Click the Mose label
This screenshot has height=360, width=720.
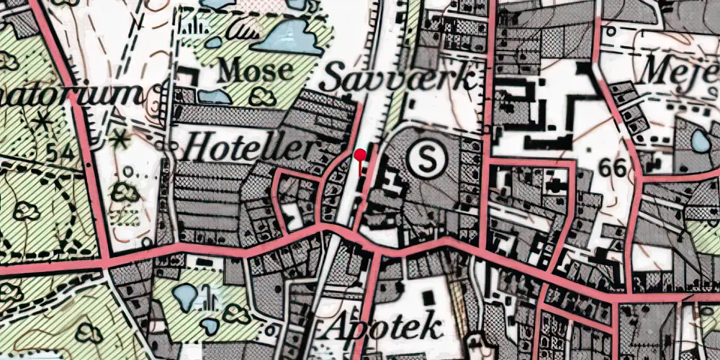[257, 70]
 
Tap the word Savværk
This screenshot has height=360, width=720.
[398, 78]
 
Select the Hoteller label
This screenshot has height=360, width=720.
[250, 149]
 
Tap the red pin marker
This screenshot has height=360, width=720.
[361, 153]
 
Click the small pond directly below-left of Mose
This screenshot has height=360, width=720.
[215, 96]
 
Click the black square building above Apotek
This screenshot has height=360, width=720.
[429, 296]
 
